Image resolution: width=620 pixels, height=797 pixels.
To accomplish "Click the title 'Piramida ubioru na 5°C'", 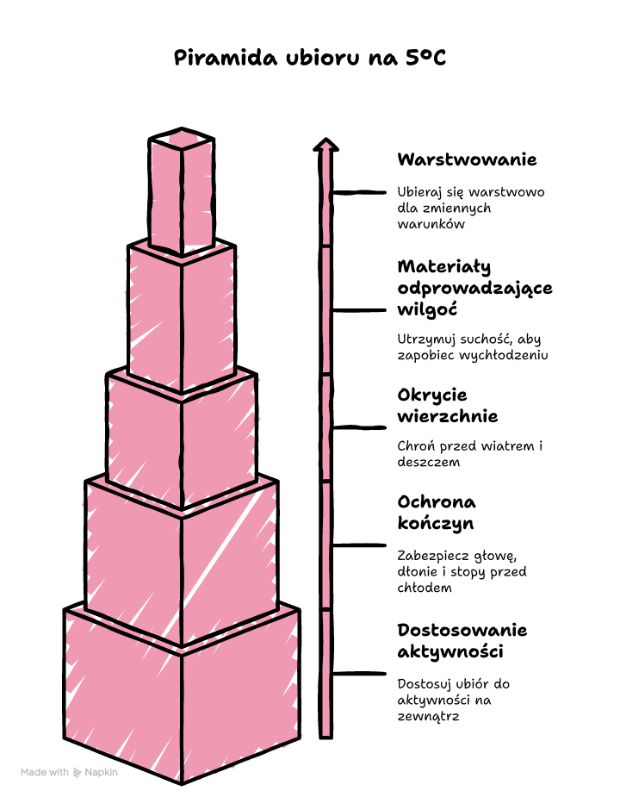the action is tap(309, 58).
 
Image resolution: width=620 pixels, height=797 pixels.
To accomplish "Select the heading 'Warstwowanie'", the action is tap(467, 159).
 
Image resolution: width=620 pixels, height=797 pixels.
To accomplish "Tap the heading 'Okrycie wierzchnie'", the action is tap(447, 406).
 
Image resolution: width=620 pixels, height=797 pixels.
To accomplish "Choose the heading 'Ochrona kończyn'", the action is tap(437, 513).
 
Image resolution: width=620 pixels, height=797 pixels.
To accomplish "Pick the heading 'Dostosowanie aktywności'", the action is tap(462, 640).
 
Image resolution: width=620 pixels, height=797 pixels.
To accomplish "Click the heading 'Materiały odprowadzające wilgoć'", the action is tap(474, 288).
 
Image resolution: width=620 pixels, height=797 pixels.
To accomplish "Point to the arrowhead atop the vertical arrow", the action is tap(325, 145).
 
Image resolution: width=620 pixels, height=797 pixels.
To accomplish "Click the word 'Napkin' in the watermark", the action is tap(101, 772).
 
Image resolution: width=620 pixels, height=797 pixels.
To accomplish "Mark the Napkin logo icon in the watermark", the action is tap(77, 773).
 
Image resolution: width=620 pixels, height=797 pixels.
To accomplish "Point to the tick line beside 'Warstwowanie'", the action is tap(358, 193).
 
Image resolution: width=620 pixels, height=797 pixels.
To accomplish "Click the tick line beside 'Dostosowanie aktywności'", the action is tap(358, 674).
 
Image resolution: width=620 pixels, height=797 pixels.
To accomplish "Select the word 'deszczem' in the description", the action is tap(429, 462).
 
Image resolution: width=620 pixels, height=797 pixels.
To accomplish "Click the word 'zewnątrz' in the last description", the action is tap(428, 717).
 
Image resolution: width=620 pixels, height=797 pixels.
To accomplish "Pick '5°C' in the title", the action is tap(426, 58).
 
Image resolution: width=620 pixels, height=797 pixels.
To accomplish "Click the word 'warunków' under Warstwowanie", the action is tap(431, 224).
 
